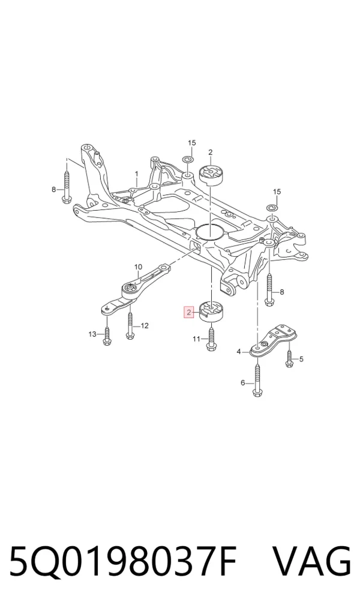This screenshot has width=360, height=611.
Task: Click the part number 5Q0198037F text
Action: tap(123, 562)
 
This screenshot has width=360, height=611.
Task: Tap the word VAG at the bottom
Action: tap(312, 562)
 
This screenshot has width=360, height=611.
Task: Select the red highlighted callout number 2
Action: tap(189, 312)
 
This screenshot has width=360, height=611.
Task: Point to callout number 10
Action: tap(139, 267)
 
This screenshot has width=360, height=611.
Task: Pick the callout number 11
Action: tap(197, 339)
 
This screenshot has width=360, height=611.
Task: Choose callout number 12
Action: tap(145, 325)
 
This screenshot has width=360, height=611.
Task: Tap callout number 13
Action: tap(92, 334)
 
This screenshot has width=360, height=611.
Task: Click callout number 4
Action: tap(239, 352)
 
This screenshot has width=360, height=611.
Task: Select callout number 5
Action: tap(301, 359)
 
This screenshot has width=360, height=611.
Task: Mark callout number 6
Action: tap(243, 383)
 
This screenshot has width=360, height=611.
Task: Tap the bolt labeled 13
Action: tap(106, 334)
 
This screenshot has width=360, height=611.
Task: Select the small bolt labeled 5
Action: tap(289, 359)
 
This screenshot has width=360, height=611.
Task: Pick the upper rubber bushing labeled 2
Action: tap(210, 176)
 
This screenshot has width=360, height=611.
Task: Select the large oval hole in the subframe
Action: tap(210, 232)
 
